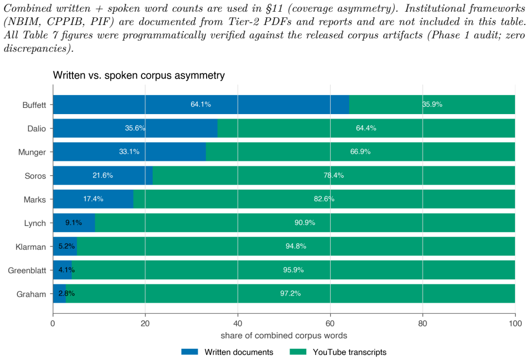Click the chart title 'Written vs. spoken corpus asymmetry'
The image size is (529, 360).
pos(139,75)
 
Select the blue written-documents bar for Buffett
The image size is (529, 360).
pos(201,105)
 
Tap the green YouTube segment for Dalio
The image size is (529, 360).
pos(366,128)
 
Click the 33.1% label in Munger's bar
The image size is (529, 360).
pos(129,152)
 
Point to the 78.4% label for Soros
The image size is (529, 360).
pos(334,175)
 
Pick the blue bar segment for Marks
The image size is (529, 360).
pos(93,199)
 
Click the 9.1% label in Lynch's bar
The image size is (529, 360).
pos(74,223)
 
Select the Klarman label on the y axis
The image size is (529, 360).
pos(31,247)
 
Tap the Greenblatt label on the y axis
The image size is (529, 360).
pos(27,270)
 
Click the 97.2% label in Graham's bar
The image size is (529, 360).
pos(291,293)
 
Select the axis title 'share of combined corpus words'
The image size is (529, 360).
pos(284,336)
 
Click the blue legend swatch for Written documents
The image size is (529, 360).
pos(189,352)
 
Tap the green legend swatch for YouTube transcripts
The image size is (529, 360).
pos(298,352)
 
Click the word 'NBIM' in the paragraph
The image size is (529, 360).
pos(25,22)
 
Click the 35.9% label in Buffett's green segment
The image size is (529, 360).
pos(432,105)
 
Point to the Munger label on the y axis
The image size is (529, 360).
pos(32,152)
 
